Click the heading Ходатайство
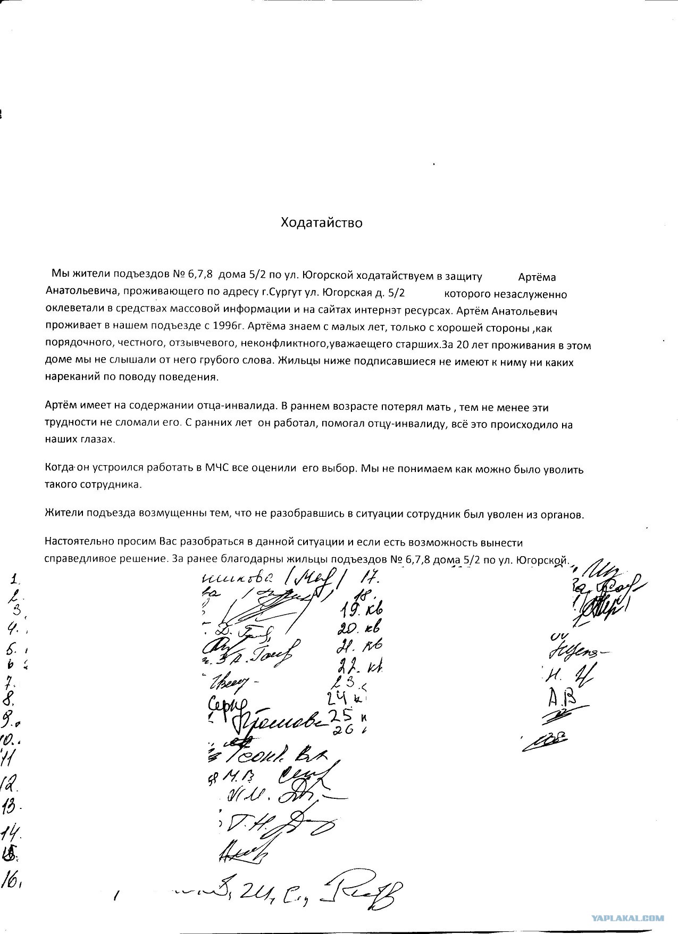tap(321, 222)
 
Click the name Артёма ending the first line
tap(537, 277)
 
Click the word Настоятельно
tap(75, 542)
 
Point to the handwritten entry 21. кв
tap(359, 646)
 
